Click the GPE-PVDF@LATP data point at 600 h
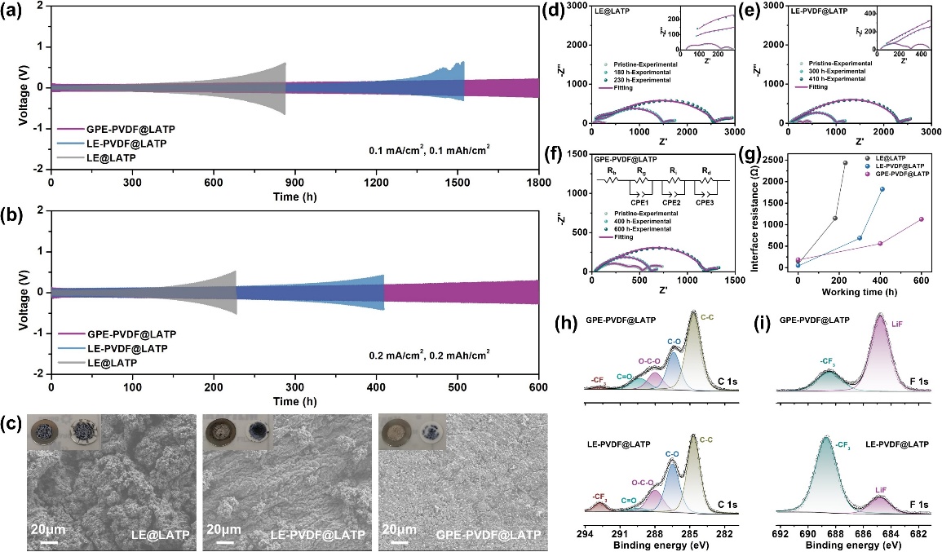click(922, 219)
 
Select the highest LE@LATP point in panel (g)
click(846, 162)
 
